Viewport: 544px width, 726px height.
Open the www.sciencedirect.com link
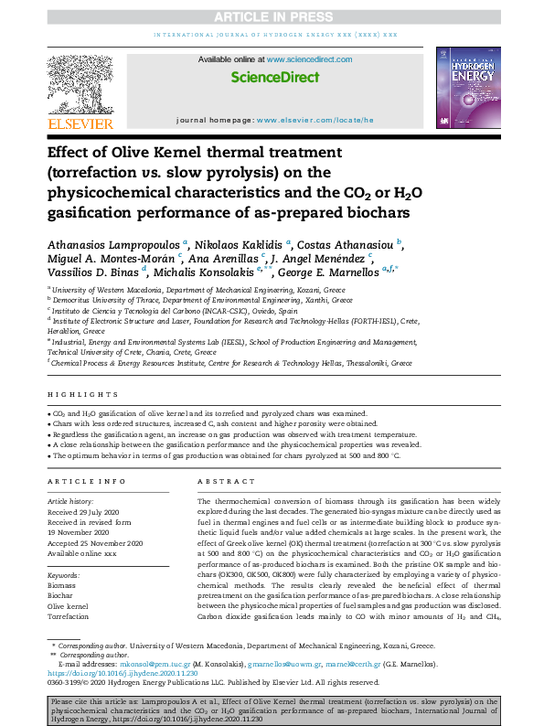(305, 59)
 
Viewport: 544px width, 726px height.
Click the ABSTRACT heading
(219, 481)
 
